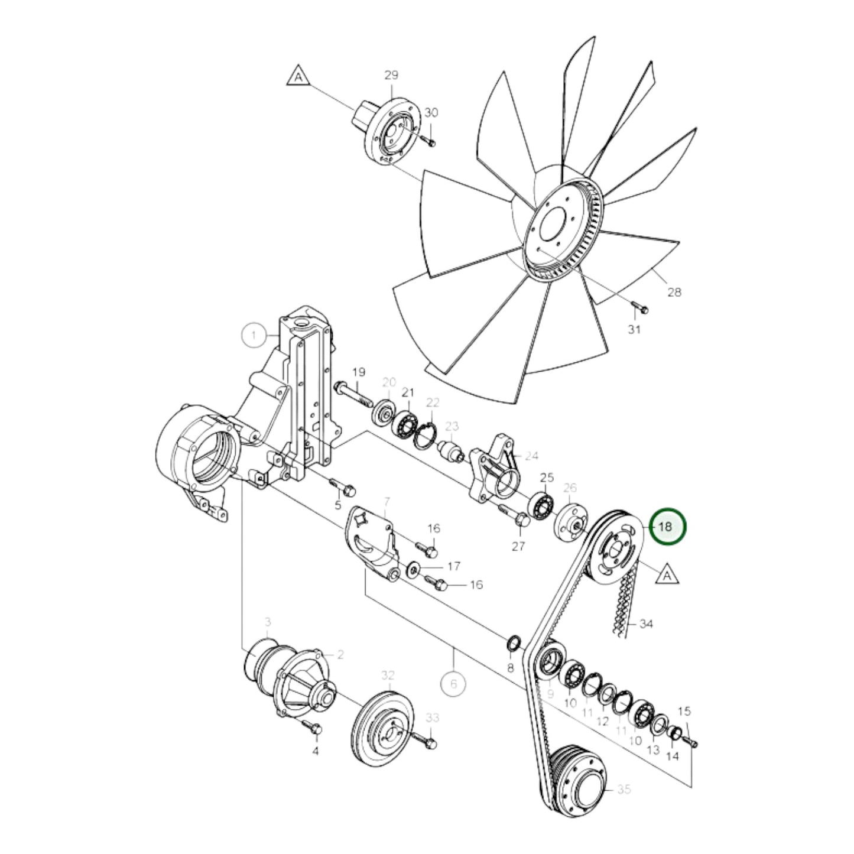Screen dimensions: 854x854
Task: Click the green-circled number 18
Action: coord(667,526)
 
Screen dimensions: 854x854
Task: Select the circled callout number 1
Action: coord(255,336)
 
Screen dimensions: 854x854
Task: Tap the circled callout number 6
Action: coord(454,684)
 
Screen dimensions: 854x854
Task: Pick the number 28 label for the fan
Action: coord(674,291)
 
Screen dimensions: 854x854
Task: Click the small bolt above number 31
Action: coord(639,307)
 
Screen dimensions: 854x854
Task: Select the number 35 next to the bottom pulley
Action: coord(624,789)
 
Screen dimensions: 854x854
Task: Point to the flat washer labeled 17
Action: coord(413,569)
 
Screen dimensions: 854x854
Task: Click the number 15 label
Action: coord(684,711)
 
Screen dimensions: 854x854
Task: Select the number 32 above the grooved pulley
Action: coord(388,675)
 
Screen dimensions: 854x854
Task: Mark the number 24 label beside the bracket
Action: coord(531,456)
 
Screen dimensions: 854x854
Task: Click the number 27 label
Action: coord(518,547)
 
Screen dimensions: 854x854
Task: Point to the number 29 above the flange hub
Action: coord(391,75)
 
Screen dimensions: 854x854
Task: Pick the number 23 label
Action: coord(452,426)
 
